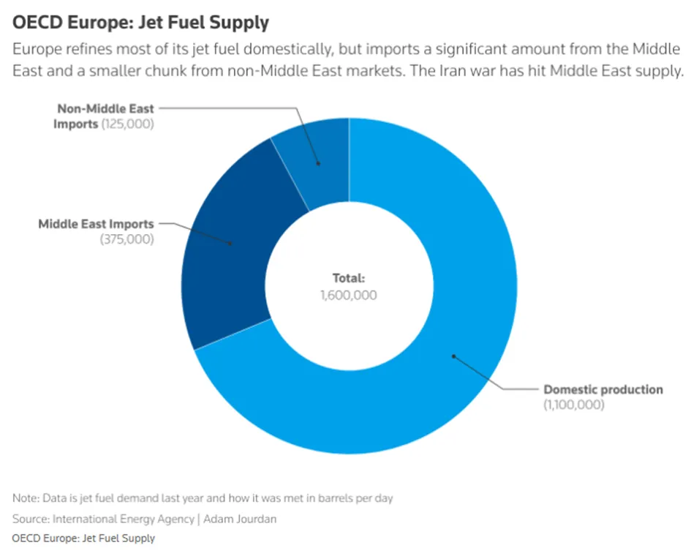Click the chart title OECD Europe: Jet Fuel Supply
coord(140,23)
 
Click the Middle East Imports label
coord(96,224)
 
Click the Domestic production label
coord(603,390)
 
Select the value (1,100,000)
coord(574,405)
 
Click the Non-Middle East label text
coord(106,108)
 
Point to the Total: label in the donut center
coord(349,278)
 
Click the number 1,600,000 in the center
coord(349,295)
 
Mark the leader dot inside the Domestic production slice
coord(453,356)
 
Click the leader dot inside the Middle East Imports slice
coord(230,243)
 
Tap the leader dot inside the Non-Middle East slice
coord(318,164)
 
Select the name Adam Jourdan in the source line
coord(240,519)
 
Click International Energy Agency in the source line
coord(124,519)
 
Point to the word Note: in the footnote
coord(27,498)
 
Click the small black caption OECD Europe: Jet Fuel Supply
coord(84,539)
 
